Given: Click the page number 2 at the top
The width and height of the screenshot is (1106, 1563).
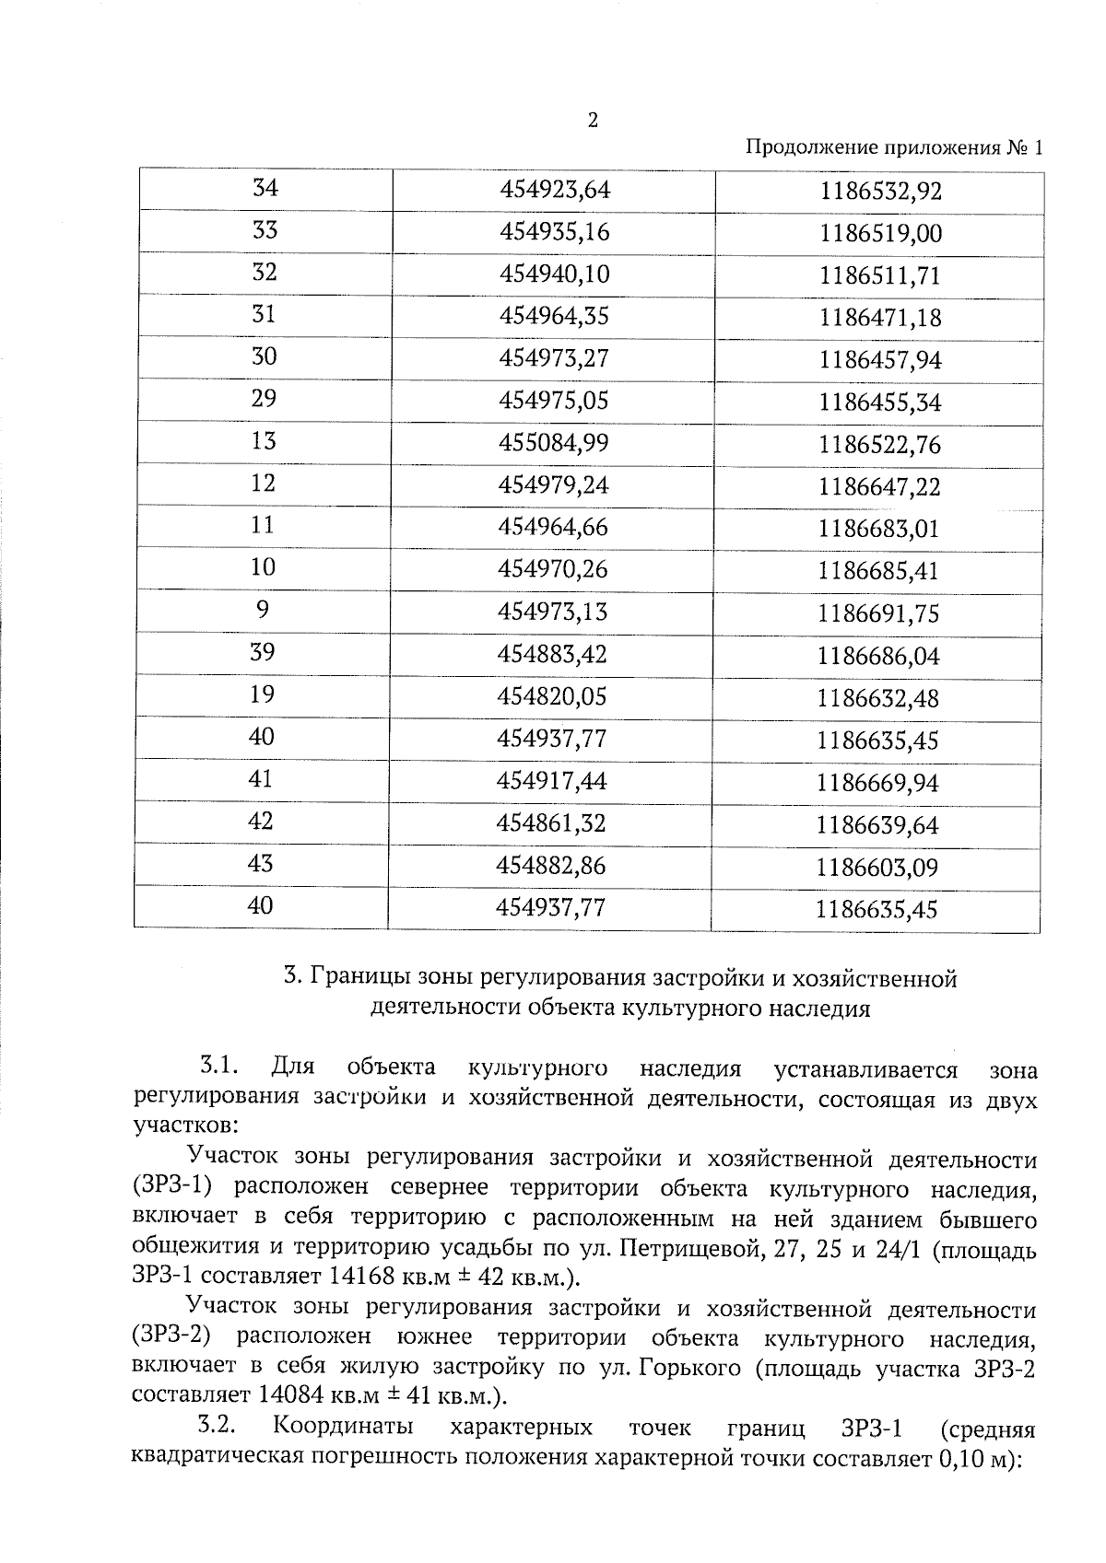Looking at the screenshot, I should coord(593,120).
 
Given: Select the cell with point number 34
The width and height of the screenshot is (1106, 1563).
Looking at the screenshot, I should coord(265,189).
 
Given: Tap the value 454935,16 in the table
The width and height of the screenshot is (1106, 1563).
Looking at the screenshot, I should coord(555,232).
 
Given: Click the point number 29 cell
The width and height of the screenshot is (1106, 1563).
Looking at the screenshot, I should coord(264,399).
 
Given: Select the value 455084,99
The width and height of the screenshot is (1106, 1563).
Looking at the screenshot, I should coord(554,443).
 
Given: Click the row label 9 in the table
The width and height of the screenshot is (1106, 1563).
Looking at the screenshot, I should coord(263,610).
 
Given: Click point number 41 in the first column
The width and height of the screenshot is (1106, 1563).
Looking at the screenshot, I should coord(261,779).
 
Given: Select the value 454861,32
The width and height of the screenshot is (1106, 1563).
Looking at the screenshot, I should coord(551,822).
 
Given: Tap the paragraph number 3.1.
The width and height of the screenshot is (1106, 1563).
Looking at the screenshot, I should coord(220,1067).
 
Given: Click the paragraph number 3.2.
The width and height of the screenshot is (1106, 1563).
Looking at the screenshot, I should coord(219,1427).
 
